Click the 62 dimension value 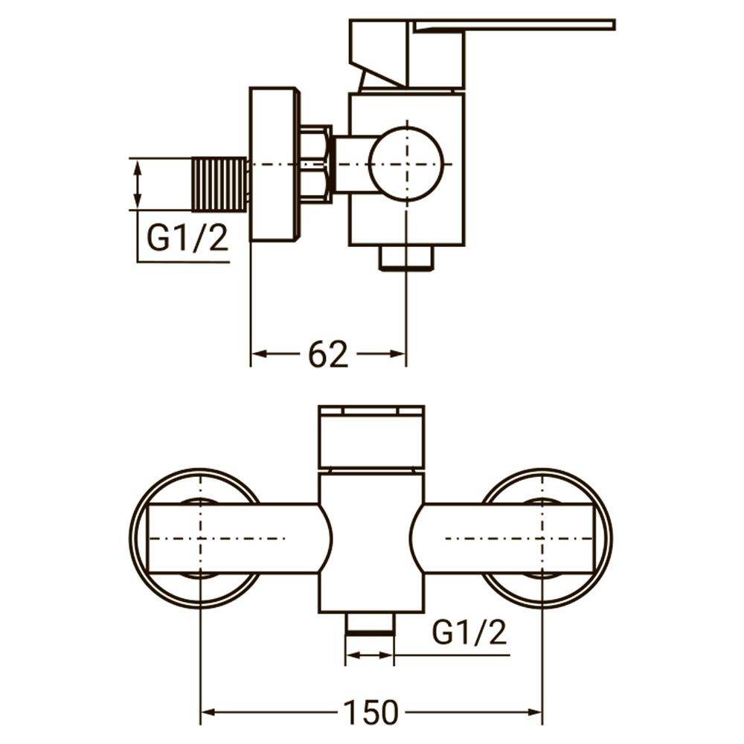point(328,355)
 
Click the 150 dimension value point(370,713)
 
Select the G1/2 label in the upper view point(187,239)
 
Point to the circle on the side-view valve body point(406,164)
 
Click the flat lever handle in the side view point(513,25)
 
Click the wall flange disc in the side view point(272,164)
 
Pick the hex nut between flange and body point(315,164)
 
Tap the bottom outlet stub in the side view point(406,257)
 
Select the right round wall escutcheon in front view point(547,538)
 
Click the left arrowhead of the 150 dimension point(208,713)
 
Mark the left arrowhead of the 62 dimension point(258,355)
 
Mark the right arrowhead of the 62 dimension point(398,355)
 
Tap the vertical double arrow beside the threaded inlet point(137,184)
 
